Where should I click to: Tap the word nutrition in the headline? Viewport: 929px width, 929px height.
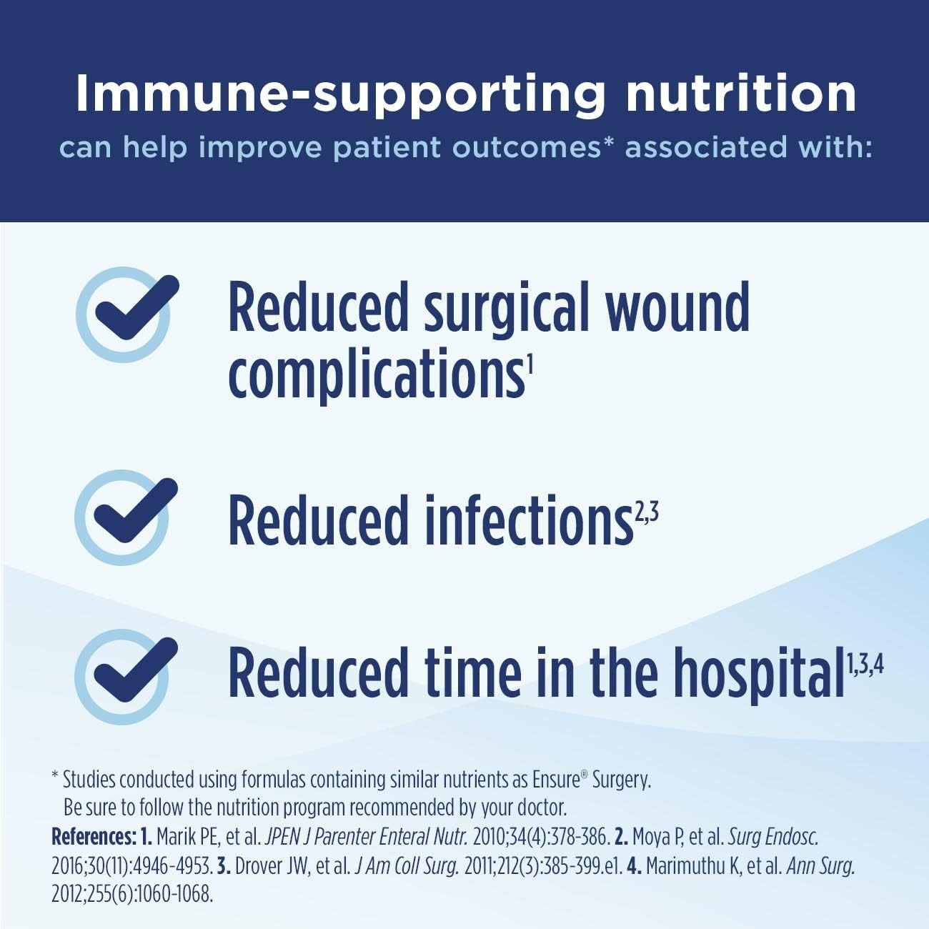pyautogui.click(x=740, y=93)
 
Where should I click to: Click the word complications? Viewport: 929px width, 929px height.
pyautogui.click(x=375, y=374)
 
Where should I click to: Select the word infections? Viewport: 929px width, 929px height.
pyautogui.click(x=529, y=520)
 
